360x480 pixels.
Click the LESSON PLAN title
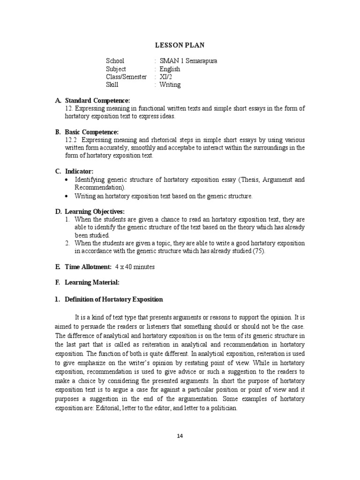pos(180,45)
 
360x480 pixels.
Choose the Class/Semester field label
pos(126,77)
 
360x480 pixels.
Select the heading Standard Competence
pos(97,100)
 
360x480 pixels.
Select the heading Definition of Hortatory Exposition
pos(113,299)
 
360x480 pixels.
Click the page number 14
pos(180,435)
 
